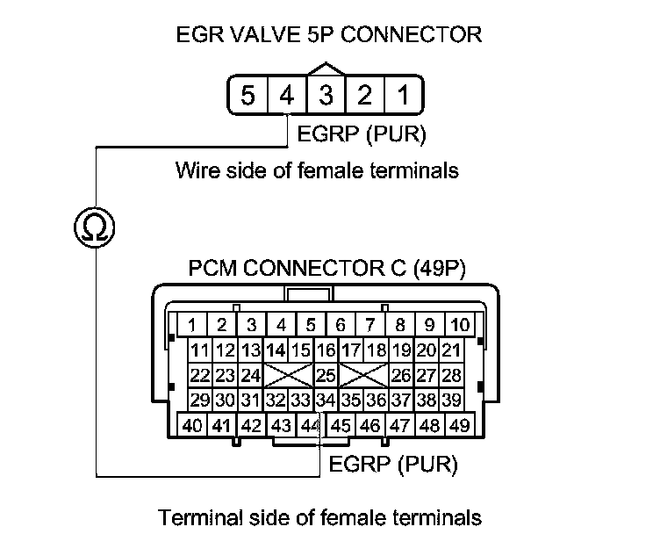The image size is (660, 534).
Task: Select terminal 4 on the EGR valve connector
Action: tap(287, 95)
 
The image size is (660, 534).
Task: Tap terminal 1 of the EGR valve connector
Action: tap(402, 95)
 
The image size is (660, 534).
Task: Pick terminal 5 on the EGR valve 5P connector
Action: tap(248, 95)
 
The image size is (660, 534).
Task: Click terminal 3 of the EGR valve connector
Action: tap(326, 95)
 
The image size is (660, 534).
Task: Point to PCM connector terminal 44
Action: tap(309, 426)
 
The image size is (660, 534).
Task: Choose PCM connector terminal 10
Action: tap(459, 324)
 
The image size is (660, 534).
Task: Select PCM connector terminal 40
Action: tap(192, 426)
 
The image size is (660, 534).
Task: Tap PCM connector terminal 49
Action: tap(456, 426)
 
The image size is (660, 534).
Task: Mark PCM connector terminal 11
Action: tap(200, 350)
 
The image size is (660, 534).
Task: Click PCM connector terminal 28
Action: tap(452, 376)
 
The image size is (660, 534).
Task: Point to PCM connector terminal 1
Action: tap(191, 324)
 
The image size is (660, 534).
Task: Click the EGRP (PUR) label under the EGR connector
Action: tap(362, 135)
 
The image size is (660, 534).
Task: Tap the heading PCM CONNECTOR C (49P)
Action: tap(327, 268)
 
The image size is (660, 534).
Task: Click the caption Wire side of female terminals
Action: tap(317, 170)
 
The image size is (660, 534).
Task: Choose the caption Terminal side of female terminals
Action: tap(319, 516)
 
